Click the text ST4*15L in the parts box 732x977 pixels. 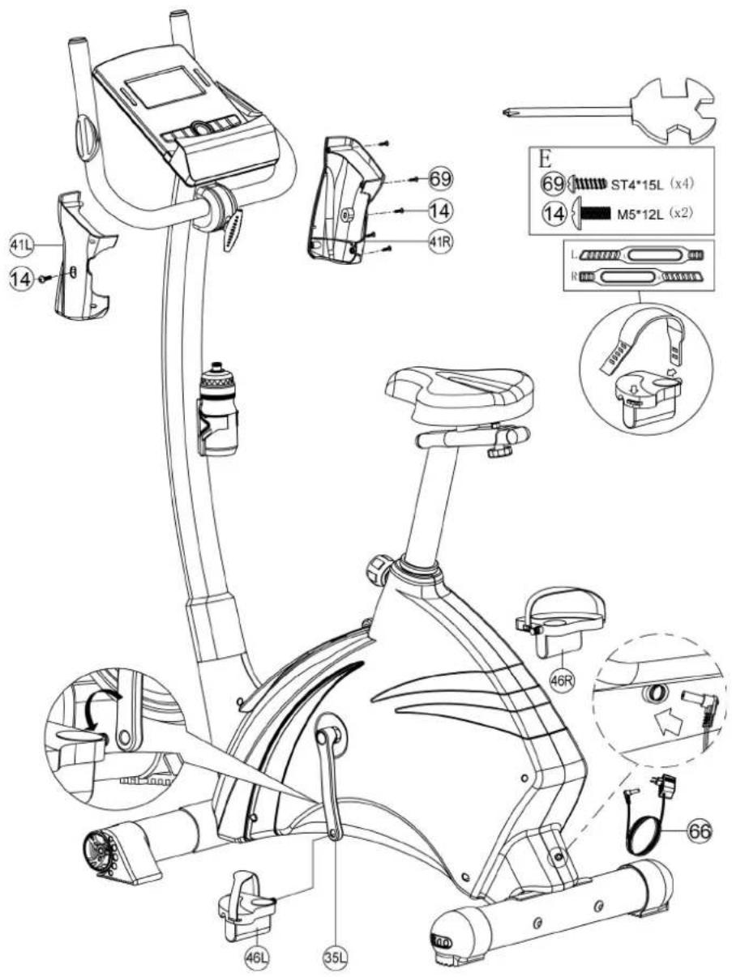[x=636, y=184]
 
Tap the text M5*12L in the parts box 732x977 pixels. [x=641, y=215]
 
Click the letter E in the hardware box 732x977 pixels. [x=544, y=160]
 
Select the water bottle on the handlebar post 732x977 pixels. [x=218, y=408]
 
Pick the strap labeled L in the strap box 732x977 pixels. [x=641, y=255]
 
